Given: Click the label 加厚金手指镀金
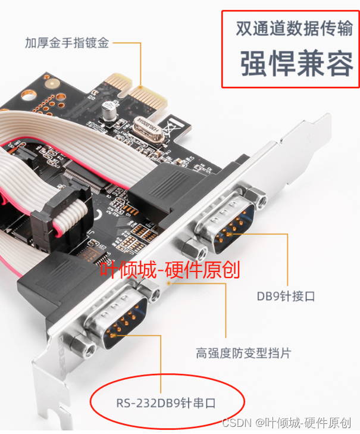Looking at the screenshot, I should click(67, 43).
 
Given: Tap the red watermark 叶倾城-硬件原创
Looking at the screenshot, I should click(170, 270).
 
